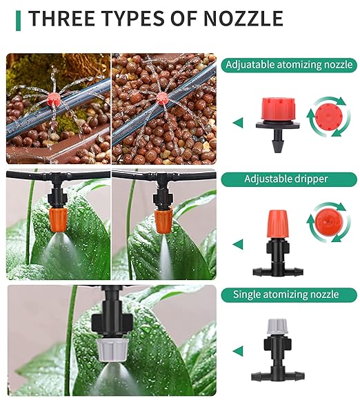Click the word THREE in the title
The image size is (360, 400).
tap(58, 18)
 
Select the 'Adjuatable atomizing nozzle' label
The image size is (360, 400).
tap(289, 65)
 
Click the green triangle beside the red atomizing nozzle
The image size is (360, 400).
tap(238, 123)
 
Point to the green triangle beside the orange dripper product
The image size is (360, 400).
tap(238, 244)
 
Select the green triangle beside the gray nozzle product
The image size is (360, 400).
tap(238, 352)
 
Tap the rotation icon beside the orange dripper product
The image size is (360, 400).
tap(324, 222)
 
